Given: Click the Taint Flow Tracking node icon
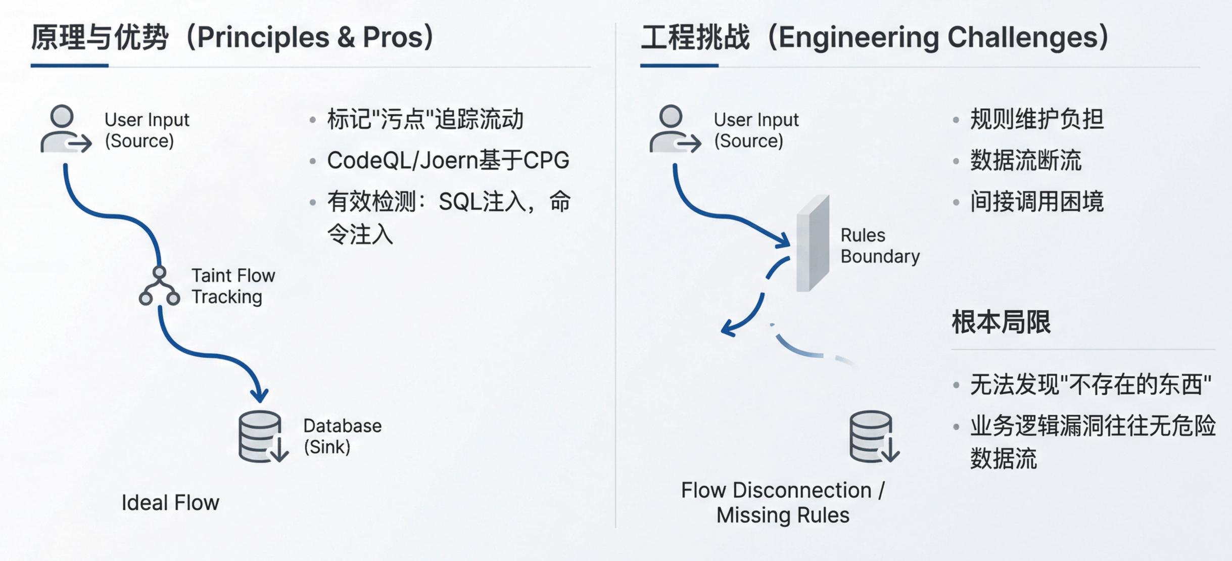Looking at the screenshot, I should click(159, 287).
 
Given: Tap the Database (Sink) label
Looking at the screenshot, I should click(342, 436).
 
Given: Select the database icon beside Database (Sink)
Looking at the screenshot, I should click(261, 436).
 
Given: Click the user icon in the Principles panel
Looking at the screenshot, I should click(64, 129).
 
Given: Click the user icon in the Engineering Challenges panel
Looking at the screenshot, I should click(673, 129).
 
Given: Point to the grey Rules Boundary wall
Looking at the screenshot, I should click(812, 244).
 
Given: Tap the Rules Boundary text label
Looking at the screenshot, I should click(880, 246).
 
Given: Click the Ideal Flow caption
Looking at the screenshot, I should click(170, 503).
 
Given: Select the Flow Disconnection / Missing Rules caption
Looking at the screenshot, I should click(783, 503).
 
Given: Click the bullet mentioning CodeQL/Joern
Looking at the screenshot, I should click(448, 161).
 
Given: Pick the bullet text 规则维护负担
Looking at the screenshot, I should click(1036, 120).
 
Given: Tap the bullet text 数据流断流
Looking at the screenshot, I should click(1025, 161).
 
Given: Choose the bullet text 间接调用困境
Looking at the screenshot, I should click(1036, 202).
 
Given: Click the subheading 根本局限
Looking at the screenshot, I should click(1001, 322).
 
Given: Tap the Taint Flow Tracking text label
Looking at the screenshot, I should click(233, 286).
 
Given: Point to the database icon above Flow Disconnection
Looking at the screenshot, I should click(872, 436).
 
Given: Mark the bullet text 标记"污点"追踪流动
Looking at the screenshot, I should click(425, 120).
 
